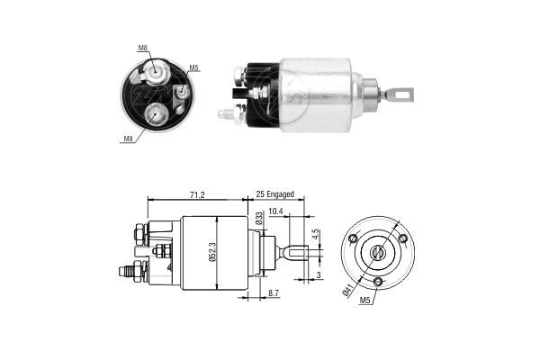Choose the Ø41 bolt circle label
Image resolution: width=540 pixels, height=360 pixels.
347,290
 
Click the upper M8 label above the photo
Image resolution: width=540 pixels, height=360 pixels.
143,48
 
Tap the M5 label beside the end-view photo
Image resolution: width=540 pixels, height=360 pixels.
194,67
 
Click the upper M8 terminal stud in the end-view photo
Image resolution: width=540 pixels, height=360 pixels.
160,72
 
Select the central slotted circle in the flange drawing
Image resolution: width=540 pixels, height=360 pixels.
377,252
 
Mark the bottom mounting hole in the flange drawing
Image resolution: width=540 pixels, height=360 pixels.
378,282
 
